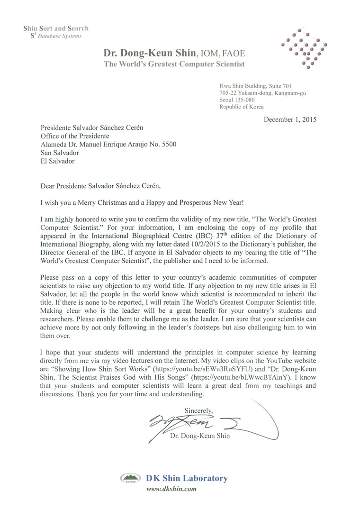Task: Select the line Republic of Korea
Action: pyautogui.click(x=242, y=107)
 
